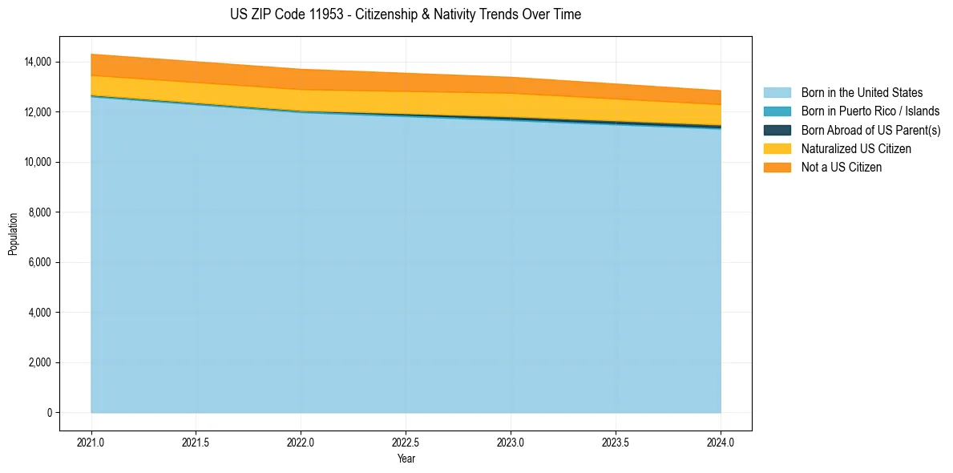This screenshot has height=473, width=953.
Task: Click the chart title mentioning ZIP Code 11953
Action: click(x=405, y=14)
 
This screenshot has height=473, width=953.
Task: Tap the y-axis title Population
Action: click(x=13, y=234)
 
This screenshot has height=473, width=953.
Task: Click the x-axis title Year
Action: click(x=406, y=459)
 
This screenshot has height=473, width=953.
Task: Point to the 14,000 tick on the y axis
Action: click(x=38, y=62)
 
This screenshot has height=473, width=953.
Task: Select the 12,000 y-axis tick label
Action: click(x=38, y=112)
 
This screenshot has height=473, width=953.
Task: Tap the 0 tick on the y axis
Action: click(x=49, y=413)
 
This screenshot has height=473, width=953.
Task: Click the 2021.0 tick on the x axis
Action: click(x=91, y=442)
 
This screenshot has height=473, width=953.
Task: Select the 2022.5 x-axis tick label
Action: click(x=406, y=442)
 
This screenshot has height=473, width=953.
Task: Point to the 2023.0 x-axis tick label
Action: click(x=511, y=442)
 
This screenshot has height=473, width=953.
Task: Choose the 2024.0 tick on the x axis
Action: click(x=721, y=442)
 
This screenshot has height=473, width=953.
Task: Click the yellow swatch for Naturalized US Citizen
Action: click(x=777, y=148)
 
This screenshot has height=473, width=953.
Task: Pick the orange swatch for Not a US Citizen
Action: click(x=777, y=167)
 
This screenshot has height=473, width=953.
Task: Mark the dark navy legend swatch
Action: click(x=777, y=130)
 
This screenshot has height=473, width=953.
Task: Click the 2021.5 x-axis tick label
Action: click(x=196, y=442)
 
